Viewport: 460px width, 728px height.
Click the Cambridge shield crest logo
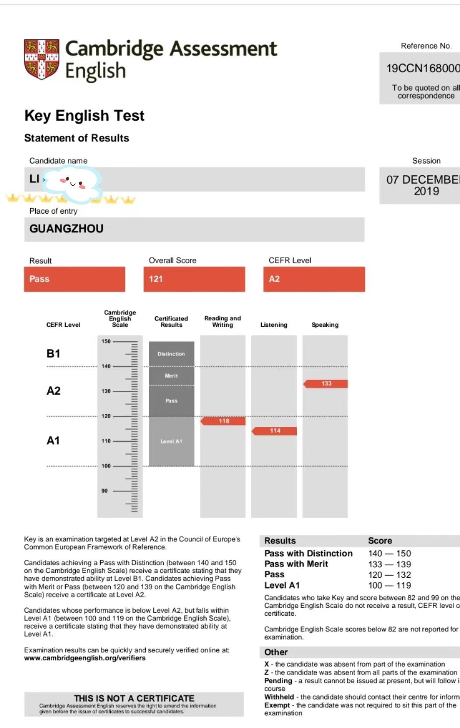coord(42,59)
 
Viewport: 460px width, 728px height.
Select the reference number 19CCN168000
coord(423,68)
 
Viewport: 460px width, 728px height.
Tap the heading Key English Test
coord(84,116)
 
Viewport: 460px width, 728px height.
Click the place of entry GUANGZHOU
coord(67,229)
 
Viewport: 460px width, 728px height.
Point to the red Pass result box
coord(74,279)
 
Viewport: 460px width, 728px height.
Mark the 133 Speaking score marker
coord(326,384)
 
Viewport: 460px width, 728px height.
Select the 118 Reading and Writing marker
coord(224,421)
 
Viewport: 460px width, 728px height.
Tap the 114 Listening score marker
coord(275,431)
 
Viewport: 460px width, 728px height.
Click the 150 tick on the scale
coord(106,341)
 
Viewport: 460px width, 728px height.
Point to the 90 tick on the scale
coord(105,491)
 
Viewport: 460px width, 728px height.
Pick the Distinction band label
coord(171,354)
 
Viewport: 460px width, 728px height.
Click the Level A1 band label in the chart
coord(171,441)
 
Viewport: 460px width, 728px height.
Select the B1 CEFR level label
coord(53,354)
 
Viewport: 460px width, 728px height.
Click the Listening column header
coord(274,325)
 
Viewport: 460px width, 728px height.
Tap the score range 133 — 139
coord(390,564)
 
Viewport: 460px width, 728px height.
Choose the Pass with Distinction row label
coord(308,553)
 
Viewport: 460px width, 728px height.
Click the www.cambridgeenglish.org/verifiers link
coord(85,658)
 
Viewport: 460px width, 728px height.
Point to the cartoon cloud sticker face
coord(73,184)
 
